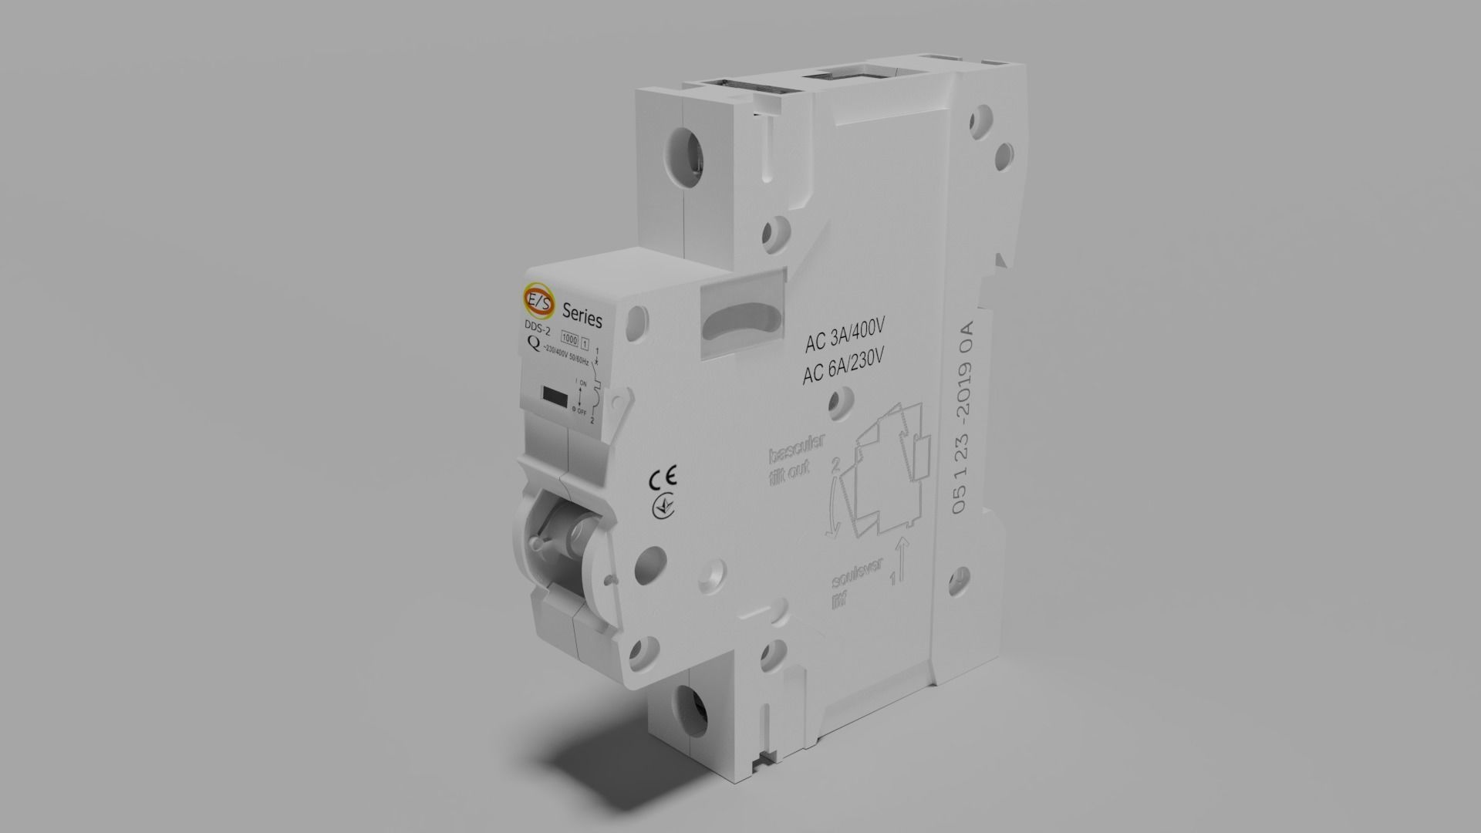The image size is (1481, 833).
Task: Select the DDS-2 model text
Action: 538,331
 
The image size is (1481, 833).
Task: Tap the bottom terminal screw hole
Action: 688,703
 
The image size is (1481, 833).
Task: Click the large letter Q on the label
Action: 532,345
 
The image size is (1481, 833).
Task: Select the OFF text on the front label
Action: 582,411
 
